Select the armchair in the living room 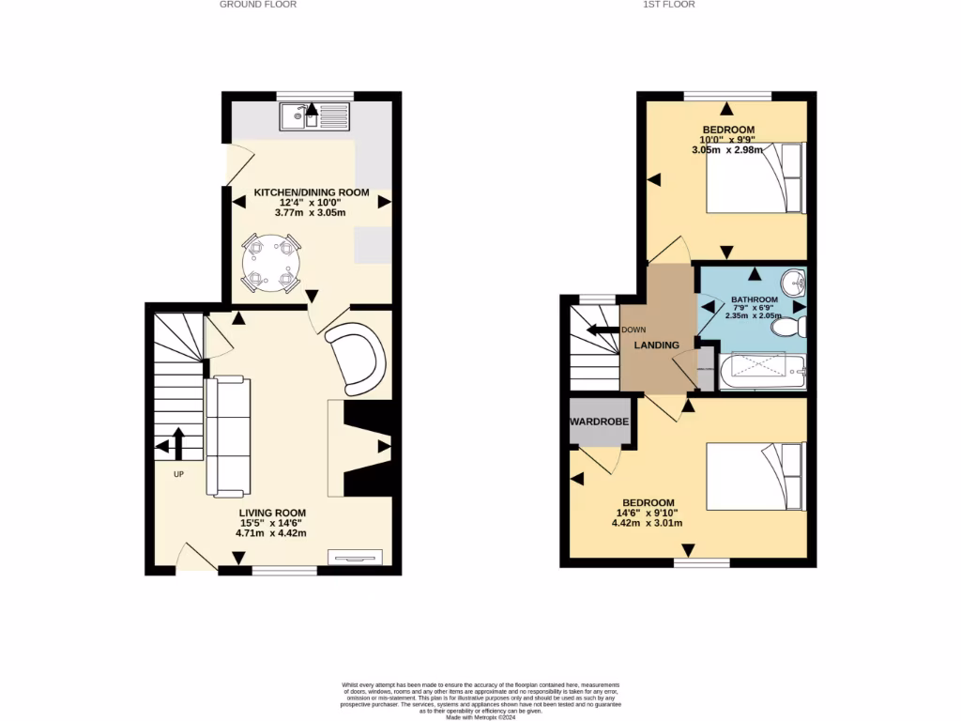tap(358, 357)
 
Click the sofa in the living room tap(227, 436)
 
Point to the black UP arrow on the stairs tap(176, 442)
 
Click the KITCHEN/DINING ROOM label tap(312, 192)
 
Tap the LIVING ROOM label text tap(271, 513)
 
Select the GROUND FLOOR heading tap(258, 5)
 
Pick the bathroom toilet tap(797, 327)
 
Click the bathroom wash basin tap(796, 279)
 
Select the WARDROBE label tap(599, 422)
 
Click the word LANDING tap(657, 345)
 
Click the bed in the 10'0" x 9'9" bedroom tap(755, 177)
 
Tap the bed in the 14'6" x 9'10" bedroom tap(755, 477)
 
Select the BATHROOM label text tap(755, 300)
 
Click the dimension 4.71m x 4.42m tap(271, 533)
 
